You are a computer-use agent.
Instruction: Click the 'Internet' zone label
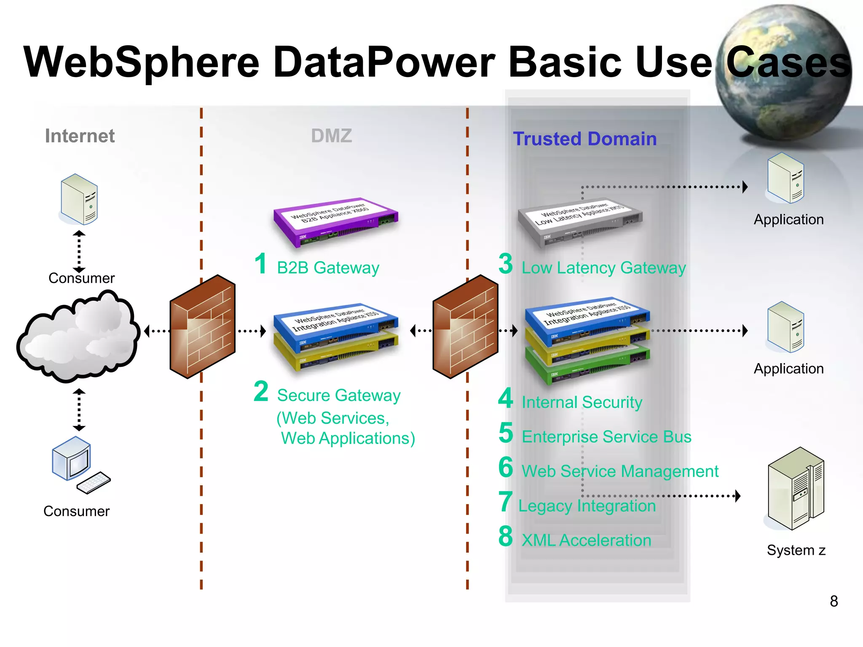pyautogui.click(x=80, y=136)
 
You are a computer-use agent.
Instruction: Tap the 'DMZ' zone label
pyautogui.click(x=331, y=136)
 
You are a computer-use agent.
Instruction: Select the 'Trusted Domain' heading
pyautogui.click(x=584, y=139)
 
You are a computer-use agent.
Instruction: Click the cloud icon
pyautogui.click(x=78, y=337)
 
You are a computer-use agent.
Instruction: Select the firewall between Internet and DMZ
pyautogui.click(x=203, y=326)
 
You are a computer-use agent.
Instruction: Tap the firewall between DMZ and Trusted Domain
pyautogui.click(x=466, y=326)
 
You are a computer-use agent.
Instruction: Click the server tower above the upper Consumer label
pyautogui.click(x=79, y=199)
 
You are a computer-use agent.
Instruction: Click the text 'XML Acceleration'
pyautogui.click(x=586, y=540)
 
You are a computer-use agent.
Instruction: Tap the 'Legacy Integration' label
pyautogui.click(x=587, y=506)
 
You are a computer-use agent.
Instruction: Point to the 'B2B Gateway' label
pyautogui.click(x=328, y=268)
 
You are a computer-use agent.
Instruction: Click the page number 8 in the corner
pyautogui.click(x=834, y=601)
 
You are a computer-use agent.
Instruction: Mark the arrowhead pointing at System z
pyautogui.click(x=737, y=496)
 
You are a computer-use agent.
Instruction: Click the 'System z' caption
pyautogui.click(x=796, y=550)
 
